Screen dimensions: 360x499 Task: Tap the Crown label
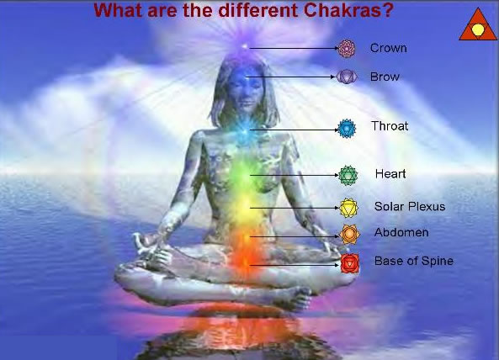click(388, 48)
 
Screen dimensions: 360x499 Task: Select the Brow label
click(385, 77)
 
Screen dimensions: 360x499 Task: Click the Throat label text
click(390, 126)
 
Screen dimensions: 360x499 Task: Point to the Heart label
click(390, 174)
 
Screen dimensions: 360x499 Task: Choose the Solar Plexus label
click(410, 206)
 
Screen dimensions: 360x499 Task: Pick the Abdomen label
click(401, 232)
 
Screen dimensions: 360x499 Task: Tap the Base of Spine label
click(413, 261)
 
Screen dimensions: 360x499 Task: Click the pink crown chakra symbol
click(348, 48)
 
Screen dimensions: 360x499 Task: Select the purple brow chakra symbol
click(347, 77)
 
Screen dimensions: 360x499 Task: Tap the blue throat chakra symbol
click(346, 128)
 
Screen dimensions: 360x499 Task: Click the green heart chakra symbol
click(348, 175)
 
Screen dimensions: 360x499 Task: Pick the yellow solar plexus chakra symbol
click(348, 207)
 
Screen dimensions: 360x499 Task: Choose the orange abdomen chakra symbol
click(348, 234)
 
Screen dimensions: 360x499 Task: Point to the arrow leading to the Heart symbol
click(294, 175)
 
